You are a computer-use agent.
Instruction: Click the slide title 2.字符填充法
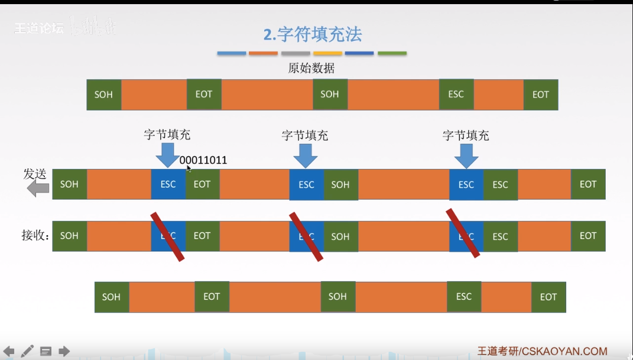coord(313,34)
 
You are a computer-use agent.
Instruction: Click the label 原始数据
coord(311,68)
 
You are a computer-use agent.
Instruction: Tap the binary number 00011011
coord(203,160)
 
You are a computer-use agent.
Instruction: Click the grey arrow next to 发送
coord(38,189)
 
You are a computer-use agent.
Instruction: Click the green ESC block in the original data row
coord(456,95)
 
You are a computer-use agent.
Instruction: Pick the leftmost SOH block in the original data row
coord(103,95)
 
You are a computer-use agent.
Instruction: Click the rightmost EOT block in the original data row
coord(540,95)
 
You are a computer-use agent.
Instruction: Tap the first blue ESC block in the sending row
coord(168,184)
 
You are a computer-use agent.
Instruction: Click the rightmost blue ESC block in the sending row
coord(466,184)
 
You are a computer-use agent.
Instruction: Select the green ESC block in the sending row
coord(500,184)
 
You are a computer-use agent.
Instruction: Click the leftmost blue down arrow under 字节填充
coord(168,155)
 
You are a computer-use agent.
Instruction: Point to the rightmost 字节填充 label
coord(466,135)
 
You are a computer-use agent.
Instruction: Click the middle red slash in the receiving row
coord(306,236)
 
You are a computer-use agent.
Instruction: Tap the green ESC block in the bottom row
coord(464,297)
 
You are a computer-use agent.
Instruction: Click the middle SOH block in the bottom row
coord(337,297)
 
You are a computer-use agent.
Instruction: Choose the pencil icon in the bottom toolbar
coord(27,351)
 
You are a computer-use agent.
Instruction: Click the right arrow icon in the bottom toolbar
coord(64,351)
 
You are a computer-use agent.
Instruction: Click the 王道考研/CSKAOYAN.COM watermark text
coord(543,351)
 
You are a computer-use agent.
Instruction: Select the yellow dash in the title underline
coord(327,53)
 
